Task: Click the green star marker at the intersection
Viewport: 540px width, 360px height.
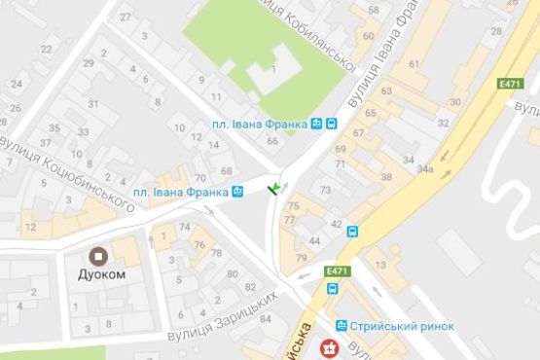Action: tap(275, 186)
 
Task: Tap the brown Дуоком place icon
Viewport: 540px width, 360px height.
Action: tap(98, 256)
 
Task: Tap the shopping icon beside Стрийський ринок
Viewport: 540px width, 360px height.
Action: tap(342, 326)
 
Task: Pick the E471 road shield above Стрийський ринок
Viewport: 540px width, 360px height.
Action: tap(337, 270)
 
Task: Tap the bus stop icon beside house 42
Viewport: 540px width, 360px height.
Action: tap(352, 232)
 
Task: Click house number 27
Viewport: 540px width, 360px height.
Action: tap(125, 18)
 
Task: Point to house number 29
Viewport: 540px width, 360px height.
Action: tap(89, 64)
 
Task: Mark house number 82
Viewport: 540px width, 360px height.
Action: tap(250, 287)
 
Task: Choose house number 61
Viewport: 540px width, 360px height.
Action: tap(413, 64)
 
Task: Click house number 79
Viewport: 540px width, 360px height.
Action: tap(301, 258)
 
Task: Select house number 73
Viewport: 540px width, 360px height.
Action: tap(325, 190)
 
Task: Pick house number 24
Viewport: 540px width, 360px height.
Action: tap(17, 83)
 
